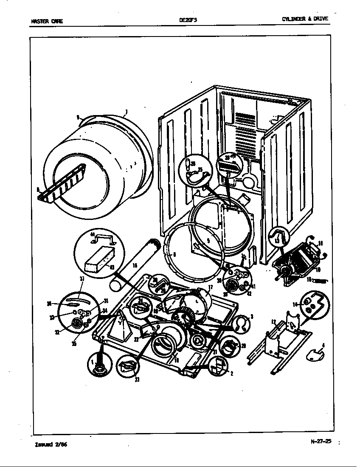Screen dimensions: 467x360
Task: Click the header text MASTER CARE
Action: click(x=47, y=21)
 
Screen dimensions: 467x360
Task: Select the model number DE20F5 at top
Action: click(x=186, y=20)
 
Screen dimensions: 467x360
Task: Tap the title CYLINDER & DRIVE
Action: click(x=305, y=19)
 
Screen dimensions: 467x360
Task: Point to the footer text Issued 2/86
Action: click(x=51, y=444)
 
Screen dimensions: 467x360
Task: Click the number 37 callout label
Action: click(x=82, y=279)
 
